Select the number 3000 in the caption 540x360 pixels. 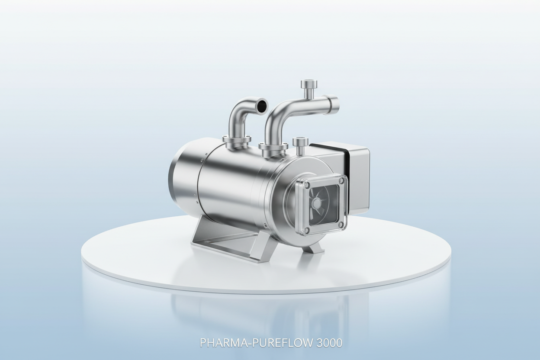point(329,343)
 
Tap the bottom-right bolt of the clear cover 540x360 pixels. point(342,225)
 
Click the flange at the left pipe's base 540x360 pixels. point(236,141)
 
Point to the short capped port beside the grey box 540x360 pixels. point(299,145)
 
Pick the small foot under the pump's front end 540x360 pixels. point(315,247)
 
